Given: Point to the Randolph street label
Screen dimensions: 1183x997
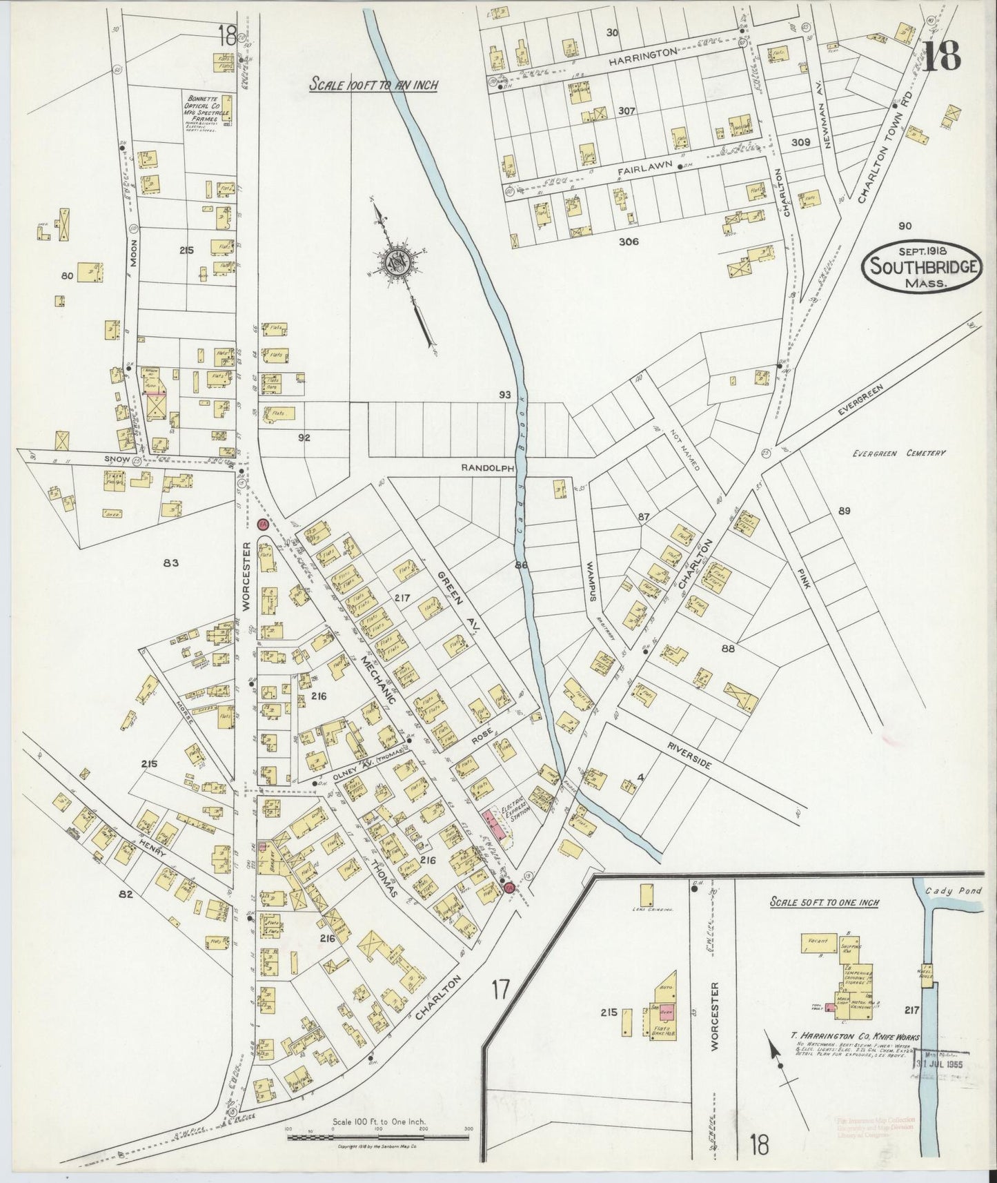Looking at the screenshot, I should tap(488, 467).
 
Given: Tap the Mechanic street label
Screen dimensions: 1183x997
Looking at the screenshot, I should tap(378, 680).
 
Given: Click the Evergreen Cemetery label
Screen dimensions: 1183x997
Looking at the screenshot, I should tap(898, 453).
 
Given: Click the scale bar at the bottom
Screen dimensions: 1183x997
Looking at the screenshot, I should tap(377, 1135).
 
